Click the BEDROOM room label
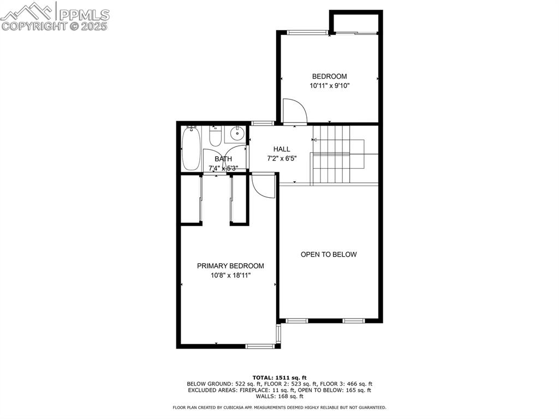(329, 76)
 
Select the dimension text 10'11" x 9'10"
(329, 86)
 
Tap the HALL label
(282, 149)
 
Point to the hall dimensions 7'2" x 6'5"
(282, 158)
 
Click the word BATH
(223, 159)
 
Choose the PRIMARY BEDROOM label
(230, 266)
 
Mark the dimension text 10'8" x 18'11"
(230, 275)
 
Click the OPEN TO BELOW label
(329, 255)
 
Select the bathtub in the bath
(191, 148)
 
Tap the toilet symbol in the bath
(215, 137)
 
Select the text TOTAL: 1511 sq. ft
(279, 377)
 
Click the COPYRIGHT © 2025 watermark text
(55, 26)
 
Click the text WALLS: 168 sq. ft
(279, 397)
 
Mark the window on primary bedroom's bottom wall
(260, 346)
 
